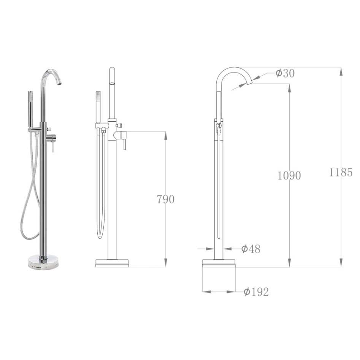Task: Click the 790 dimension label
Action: pos(165,199)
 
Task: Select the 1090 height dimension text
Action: pos(289,175)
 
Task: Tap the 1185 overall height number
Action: pos(341,173)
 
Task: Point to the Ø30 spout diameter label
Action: pos(285,73)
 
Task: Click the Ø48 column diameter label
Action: pos(251,249)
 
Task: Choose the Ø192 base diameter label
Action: pos(256,292)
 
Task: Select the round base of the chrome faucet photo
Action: pos(44,262)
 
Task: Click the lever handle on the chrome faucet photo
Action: pos(53,146)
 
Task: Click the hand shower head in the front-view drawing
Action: pos(98,100)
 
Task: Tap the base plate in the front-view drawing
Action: pos(112,263)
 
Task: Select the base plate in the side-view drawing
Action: pos(219,263)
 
